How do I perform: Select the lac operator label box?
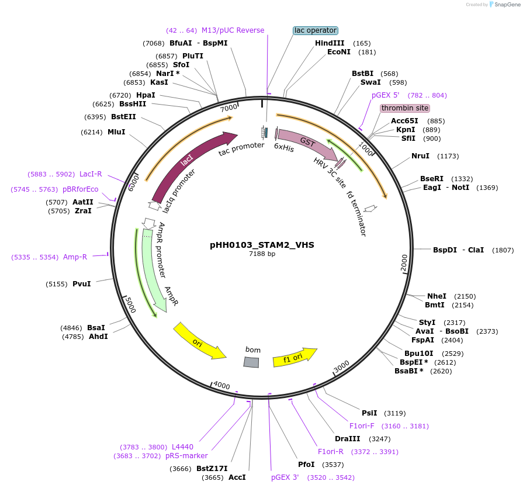pyautogui.click(x=316, y=30)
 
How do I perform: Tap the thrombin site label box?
pyautogui.click(x=405, y=108)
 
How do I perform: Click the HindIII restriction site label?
pyautogui.click(x=330, y=43)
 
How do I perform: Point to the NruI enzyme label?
pyautogui.click(x=420, y=156)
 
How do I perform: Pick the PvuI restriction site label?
pyautogui.click(x=82, y=284)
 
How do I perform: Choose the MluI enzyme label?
pyautogui.click(x=116, y=132)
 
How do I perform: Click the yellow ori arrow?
pyautogui.click(x=199, y=341)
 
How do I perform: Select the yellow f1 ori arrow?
pyautogui.click(x=295, y=357)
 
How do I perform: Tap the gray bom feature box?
pyautogui.click(x=251, y=362)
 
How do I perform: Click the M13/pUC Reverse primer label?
pyautogui.click(x=233, y=30)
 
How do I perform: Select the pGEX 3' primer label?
pyautogui.click(x=285, y=477)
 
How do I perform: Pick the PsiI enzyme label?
pyautogui.click(x=369, y=413)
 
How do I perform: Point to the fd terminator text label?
pyautogui.click(x=356, y=213)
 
